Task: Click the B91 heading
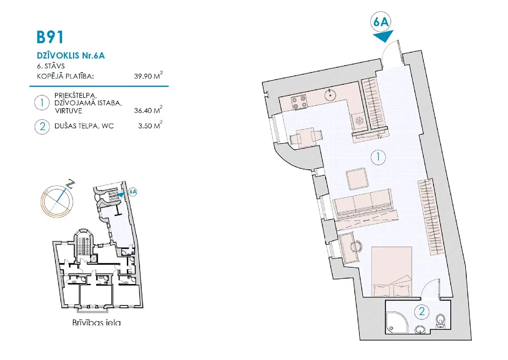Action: click(x=49, y=37)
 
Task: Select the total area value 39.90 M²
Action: click(x=148, y=76)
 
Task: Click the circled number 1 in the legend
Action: click(x=42, y=103)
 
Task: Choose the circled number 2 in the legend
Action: click(x=42, y=126)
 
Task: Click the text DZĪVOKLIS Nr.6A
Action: click(x=70, y=55)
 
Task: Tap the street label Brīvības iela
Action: click(x=97, y=322)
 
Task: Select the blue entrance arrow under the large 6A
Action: click(x=383, y=35)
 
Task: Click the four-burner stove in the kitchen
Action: click(x=299, y=102)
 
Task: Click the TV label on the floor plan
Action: click(x=380, y=137)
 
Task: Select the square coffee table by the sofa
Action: click(x=357, y=179)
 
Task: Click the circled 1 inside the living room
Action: click(x=378, y=157)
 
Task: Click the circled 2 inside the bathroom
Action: click(x=422, y=311)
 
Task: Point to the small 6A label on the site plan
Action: click(x=133, y=191)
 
